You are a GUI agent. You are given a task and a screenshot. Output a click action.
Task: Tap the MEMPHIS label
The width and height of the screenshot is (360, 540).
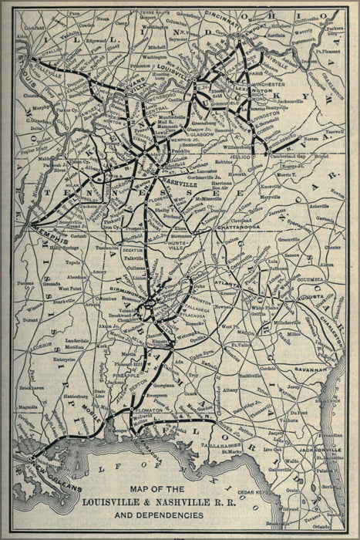52,227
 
